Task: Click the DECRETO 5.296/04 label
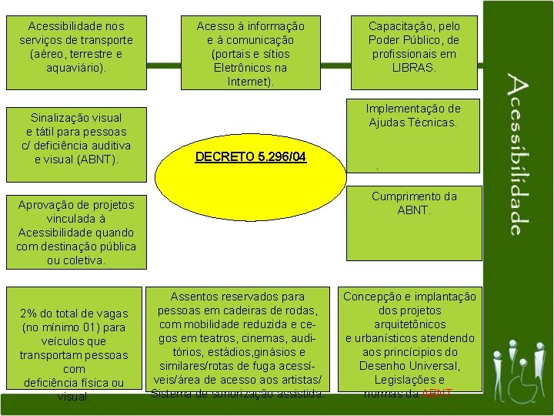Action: [251, 157]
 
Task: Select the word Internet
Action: [249, 82]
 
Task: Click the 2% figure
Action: [31, 314]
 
